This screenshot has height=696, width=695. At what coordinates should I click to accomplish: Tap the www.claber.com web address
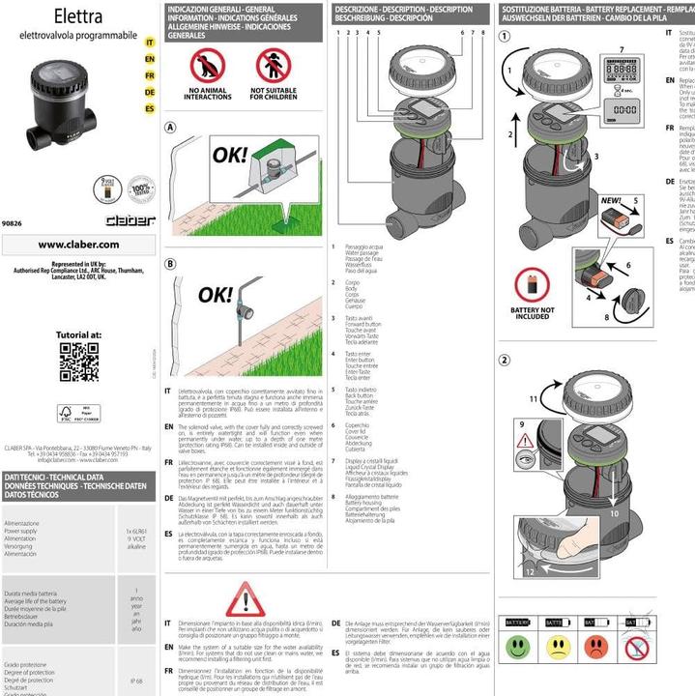point(78,244)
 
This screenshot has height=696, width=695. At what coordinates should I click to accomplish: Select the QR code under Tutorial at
point(78,362)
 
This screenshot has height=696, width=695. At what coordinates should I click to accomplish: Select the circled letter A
point(170,127)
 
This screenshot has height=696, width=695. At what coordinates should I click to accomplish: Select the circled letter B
point(170,263)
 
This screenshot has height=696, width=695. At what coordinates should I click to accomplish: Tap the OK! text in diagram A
point(230,155)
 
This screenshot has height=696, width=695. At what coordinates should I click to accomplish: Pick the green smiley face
point(520,645)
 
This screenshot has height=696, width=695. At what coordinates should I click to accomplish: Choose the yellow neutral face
point(558,645)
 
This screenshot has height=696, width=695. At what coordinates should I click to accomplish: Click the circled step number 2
point(504,361)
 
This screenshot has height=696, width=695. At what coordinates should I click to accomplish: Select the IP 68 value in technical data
point(136,681)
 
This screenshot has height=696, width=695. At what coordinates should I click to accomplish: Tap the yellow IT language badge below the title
point(149,43)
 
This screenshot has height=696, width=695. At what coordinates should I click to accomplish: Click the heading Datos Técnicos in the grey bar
point(40,494)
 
